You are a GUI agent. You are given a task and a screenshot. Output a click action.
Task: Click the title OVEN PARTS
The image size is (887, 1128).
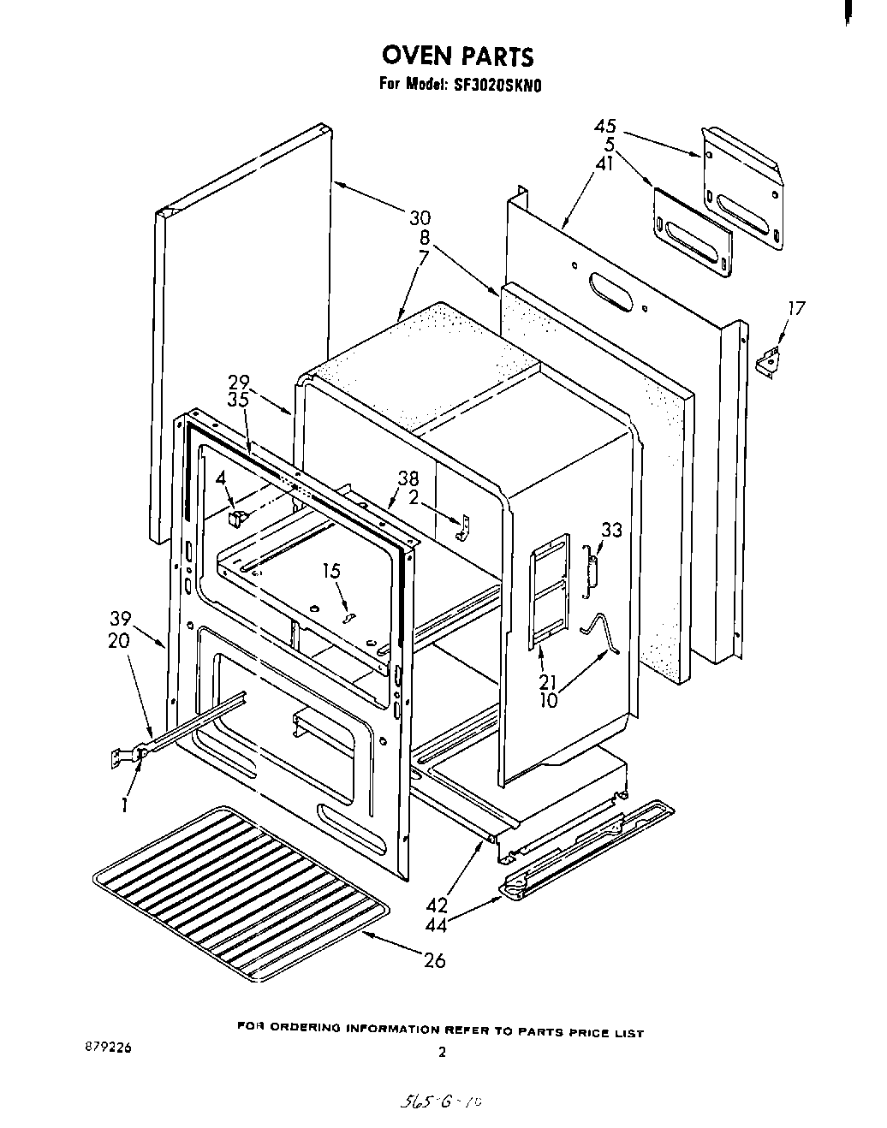click(457, 56)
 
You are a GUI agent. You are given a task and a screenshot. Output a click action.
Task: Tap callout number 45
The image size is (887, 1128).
click(605, 127)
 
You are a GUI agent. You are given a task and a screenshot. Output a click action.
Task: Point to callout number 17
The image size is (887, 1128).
click(797, 308)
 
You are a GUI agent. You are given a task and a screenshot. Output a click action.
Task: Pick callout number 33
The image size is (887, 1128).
click(610, 531)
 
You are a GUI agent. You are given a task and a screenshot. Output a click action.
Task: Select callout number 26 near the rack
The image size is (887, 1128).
click(435, 960)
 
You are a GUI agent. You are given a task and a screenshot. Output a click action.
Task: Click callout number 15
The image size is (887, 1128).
click(331, 569)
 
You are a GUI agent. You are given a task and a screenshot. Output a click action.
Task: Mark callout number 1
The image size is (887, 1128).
click(125, 804)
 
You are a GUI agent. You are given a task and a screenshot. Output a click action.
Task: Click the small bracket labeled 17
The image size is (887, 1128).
click(770, 360)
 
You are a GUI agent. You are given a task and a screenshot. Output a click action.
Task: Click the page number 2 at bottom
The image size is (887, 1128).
click(442, 1054)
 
